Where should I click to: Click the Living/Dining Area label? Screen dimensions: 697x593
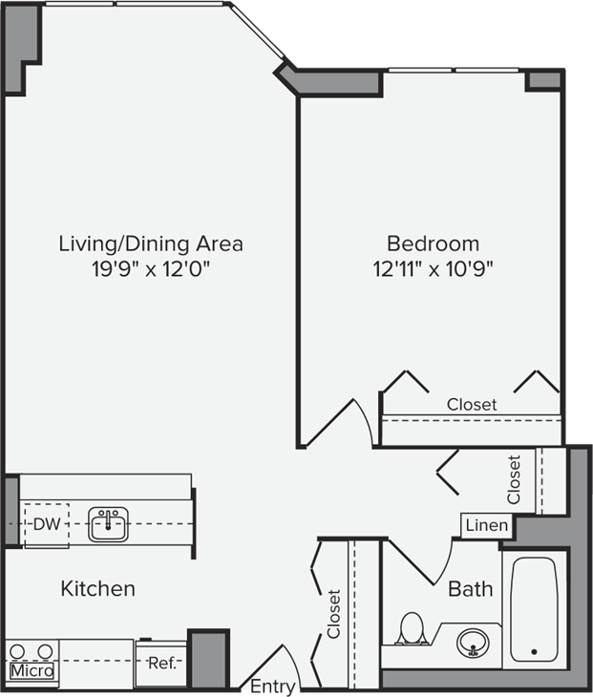click(x=151, y=243)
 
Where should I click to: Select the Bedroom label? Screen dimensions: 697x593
click(x=433, y=243)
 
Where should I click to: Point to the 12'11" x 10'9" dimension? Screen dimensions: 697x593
click(x=433, y=268)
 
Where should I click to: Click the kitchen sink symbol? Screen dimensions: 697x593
click(x=109, y=523)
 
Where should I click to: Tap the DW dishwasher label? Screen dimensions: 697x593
click(x=45, y=524)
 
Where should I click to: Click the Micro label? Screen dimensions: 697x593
click(x=32, y=671)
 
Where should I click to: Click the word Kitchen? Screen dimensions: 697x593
click(x=97, y=588)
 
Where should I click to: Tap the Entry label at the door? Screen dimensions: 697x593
click(x=272, y=686)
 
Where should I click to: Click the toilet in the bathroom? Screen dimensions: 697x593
click(x=413, y=628)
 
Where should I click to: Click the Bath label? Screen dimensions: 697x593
click(x=471, y=588)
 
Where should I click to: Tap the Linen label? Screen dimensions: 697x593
click(x=487, y=526)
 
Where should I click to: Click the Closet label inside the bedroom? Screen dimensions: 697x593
click(x=472, y=405)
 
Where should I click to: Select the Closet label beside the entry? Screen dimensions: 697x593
click(x=333, y=613)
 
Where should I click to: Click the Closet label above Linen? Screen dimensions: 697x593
click(x=515, y=478)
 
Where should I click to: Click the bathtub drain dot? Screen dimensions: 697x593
click(x=534, y=653)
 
